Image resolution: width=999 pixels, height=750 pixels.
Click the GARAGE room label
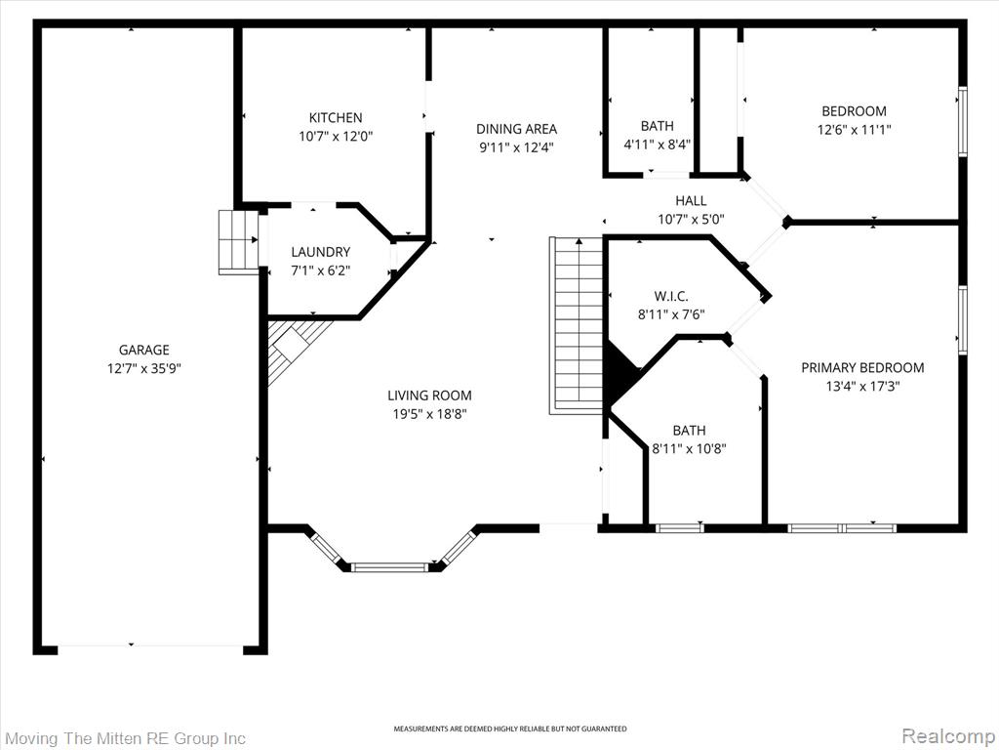(x=144, y=350)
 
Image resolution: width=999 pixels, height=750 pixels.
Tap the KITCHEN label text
(x=336, y=117)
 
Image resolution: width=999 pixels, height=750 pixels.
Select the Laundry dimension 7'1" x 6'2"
(x=320, y=271)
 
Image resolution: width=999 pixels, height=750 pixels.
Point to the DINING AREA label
(x=517, y=129)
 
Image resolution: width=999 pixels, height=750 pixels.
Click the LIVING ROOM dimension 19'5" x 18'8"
(x=429, y=414)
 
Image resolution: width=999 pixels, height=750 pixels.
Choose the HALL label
(x=691, y=201)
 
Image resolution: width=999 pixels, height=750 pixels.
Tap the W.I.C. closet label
(x=671, y=296)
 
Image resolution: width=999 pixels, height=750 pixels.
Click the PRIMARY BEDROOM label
(x=862, y=367)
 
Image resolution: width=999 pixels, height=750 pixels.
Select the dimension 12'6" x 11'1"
(x=855, y=130)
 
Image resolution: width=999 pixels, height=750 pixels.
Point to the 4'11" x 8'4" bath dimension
(x=657, y=145)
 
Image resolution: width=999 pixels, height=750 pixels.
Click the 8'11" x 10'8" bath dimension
(x=689, y=448)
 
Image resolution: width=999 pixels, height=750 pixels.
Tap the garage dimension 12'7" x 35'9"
(x=144, y=368)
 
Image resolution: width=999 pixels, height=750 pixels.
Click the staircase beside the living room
(x=577, y=325)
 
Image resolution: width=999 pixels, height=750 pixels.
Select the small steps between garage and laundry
(x=238, y=242)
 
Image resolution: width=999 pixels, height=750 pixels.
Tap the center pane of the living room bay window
(x=390, y=567)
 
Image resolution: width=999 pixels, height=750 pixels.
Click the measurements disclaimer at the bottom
(x=509, y=729)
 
